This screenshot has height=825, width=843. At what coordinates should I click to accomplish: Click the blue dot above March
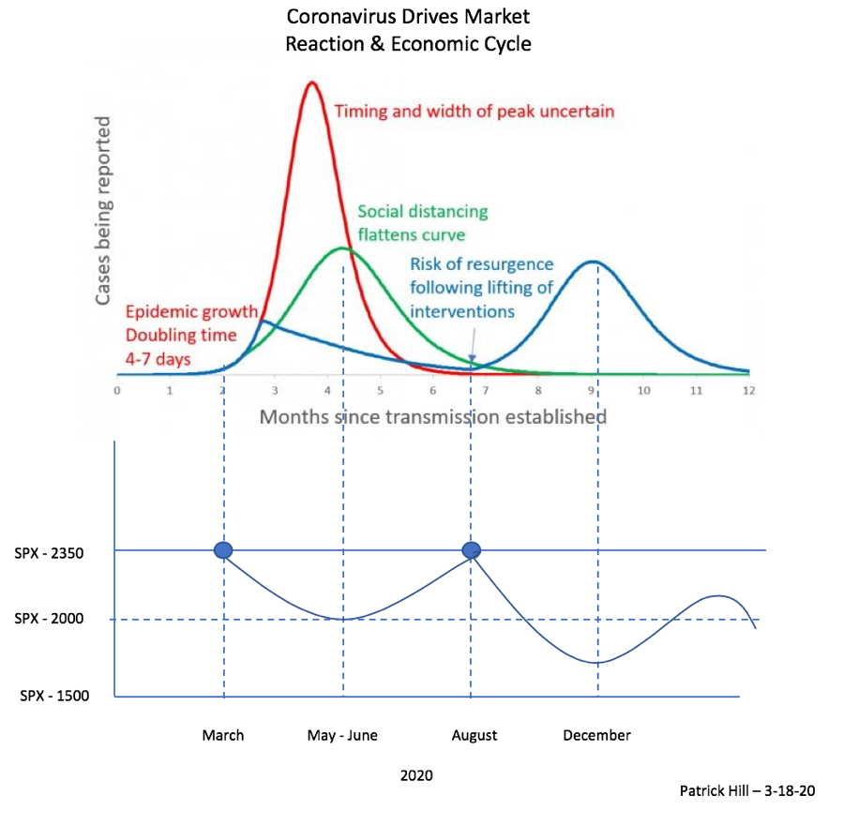pyautogui.click(x=223, y=550)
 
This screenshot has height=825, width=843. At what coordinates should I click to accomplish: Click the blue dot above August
pyautogui.click(x=471, y=550)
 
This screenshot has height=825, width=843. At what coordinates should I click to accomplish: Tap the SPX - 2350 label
pyautogui.click(x=50, y=553)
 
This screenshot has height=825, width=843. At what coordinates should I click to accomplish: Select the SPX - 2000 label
pyautogui.click(x=50, y=621)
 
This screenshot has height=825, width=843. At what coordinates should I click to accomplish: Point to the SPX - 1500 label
pyautogui.click(x=53, y=697)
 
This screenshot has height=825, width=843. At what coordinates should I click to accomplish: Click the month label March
pyautogui.click(x=223, y=735)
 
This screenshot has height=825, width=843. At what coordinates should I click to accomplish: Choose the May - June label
pyautogui.click(x=342, y=735)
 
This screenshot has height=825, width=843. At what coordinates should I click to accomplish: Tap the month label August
pyautogui.click(x=474, y=735)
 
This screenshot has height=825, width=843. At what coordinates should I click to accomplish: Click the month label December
pyautogui.click(x=596, y=735)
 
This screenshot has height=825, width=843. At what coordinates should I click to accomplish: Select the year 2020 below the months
pyautogui.click(x=416, y=775)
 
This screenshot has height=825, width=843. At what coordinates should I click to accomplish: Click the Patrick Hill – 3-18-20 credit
pyautogui.click(x=747, y=790)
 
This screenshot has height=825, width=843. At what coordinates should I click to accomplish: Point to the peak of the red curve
pyautogui.click(x=313, y=82)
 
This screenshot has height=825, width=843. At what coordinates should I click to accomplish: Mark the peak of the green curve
pyautogui.click(x=342, y=248)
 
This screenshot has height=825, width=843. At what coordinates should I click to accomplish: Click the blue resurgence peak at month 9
pyautogui.click(x=593, y=262)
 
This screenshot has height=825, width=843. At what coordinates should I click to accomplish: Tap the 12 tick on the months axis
pyautogui.click(x=746, y=389)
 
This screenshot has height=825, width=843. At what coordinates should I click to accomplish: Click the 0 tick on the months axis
pyautogui.click(x=116, y=389)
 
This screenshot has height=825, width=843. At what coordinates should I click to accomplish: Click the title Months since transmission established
pyautogui.click(x=432, y=415)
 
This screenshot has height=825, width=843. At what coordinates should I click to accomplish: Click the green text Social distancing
pyautogui.click(x=423, y=211)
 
